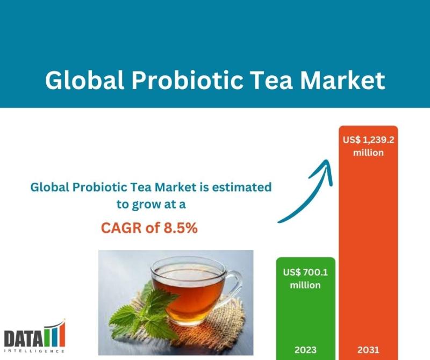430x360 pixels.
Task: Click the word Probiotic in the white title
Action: point(188,81)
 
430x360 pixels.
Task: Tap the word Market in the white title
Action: point(343,81)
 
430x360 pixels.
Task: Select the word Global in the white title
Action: point(85,81)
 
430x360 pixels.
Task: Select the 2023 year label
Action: point(305,350)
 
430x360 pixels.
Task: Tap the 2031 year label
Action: point(368,350)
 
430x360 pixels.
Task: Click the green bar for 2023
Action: point(306,308)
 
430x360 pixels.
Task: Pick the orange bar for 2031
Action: point(368,243)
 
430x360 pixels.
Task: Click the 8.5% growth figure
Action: point(181,228)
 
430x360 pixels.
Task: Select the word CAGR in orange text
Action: point(121,228)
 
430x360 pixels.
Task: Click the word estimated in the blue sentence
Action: point(241,188)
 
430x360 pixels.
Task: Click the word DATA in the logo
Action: point(23,339)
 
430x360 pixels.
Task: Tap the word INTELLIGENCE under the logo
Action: point(34,351)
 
